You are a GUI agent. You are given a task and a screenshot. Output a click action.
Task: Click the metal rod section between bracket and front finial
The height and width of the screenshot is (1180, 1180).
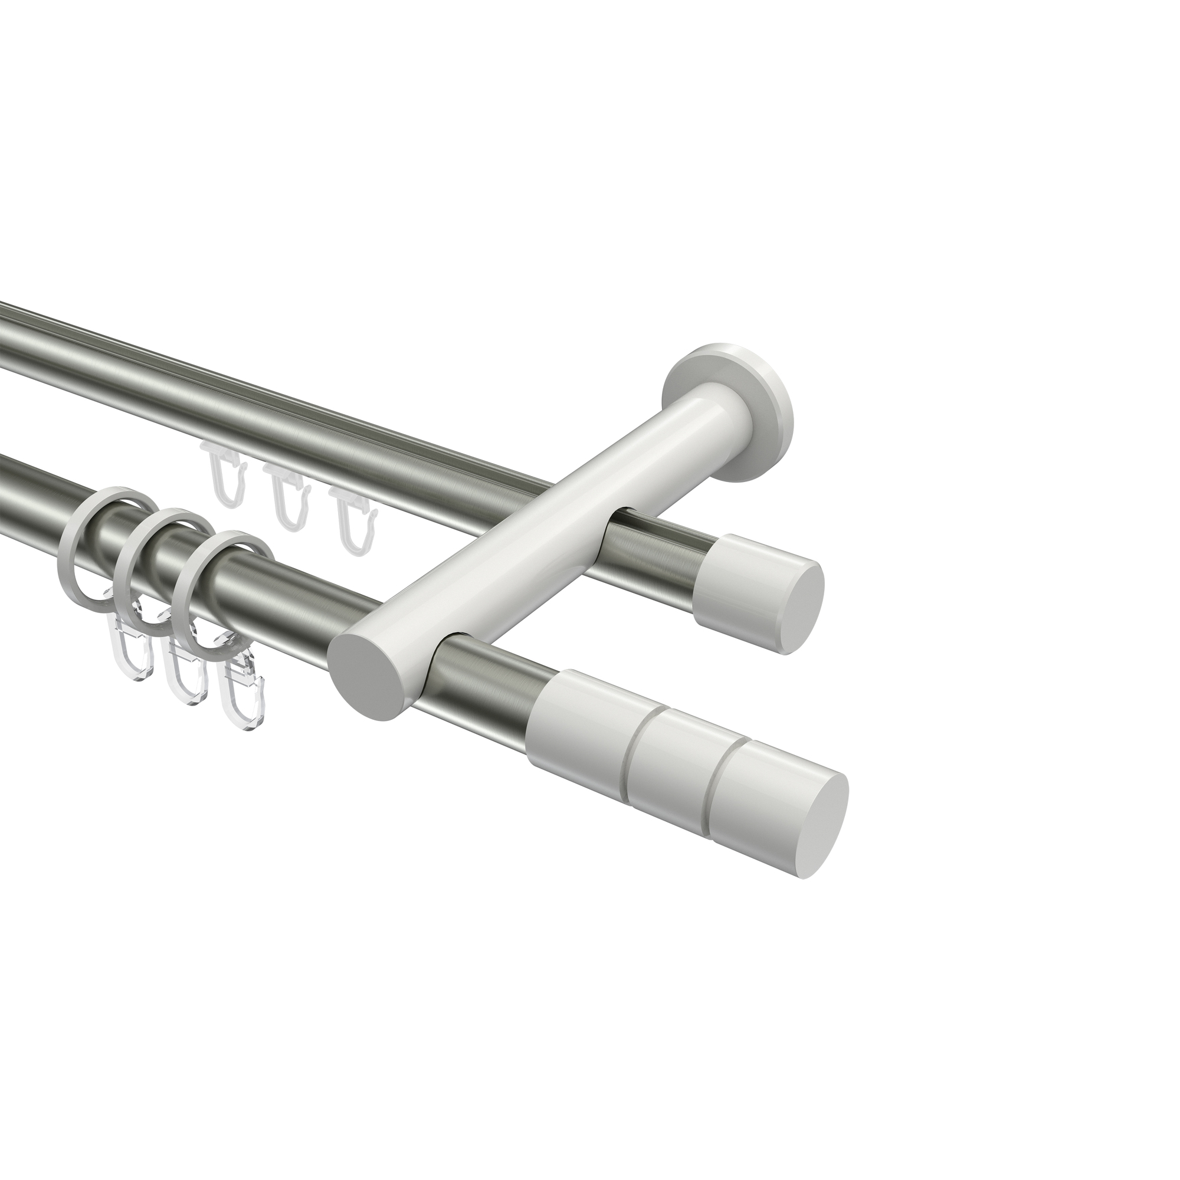[489, 678]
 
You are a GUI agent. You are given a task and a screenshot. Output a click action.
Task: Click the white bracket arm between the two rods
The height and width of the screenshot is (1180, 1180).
[525, 525]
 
